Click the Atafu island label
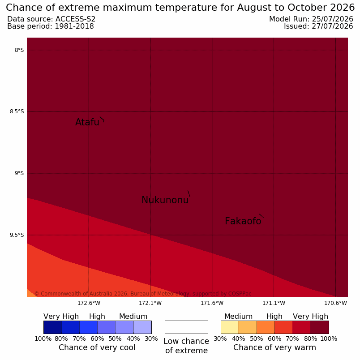(87, 122)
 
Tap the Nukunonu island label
(165, 200)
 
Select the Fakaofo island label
(243, 221)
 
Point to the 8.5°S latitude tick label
(17, 111)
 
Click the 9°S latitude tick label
(19, 173)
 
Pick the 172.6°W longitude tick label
(89, 303)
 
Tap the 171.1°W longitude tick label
(274, 303)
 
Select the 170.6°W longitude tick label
(335, 303)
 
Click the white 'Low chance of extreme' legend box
(186, 327)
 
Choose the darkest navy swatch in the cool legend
(52, 327)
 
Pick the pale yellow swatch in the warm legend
(230, 327)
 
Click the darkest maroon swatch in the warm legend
(320, 327)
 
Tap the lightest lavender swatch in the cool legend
(142, 327)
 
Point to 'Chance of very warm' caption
(274, 347)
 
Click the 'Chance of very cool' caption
(97, 347)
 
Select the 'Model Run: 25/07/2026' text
(311, 19)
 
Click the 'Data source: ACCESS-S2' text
(51, 19)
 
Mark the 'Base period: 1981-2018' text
(51, 26)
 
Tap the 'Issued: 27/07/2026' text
(318, 26)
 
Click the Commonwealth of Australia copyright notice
(143, 294)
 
